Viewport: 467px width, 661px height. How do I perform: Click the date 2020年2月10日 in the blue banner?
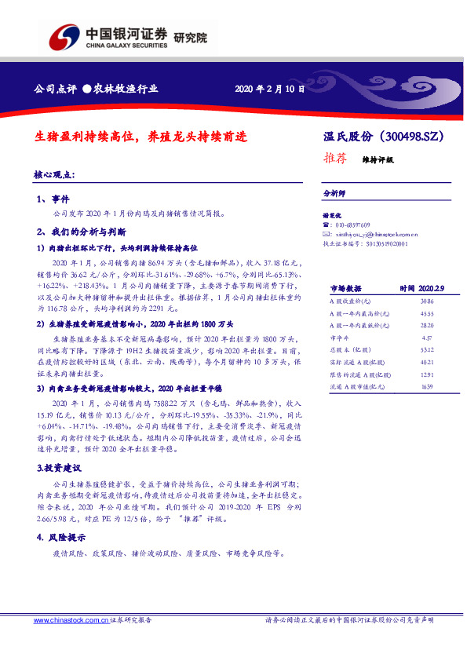click(269, 89)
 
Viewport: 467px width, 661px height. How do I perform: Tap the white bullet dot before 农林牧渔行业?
click(87, 89)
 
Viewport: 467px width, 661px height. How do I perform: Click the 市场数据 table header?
click(345, 288)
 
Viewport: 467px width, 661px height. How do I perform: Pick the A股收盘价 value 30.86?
click(404, 301)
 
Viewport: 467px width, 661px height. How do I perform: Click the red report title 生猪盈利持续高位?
click(86, 136)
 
